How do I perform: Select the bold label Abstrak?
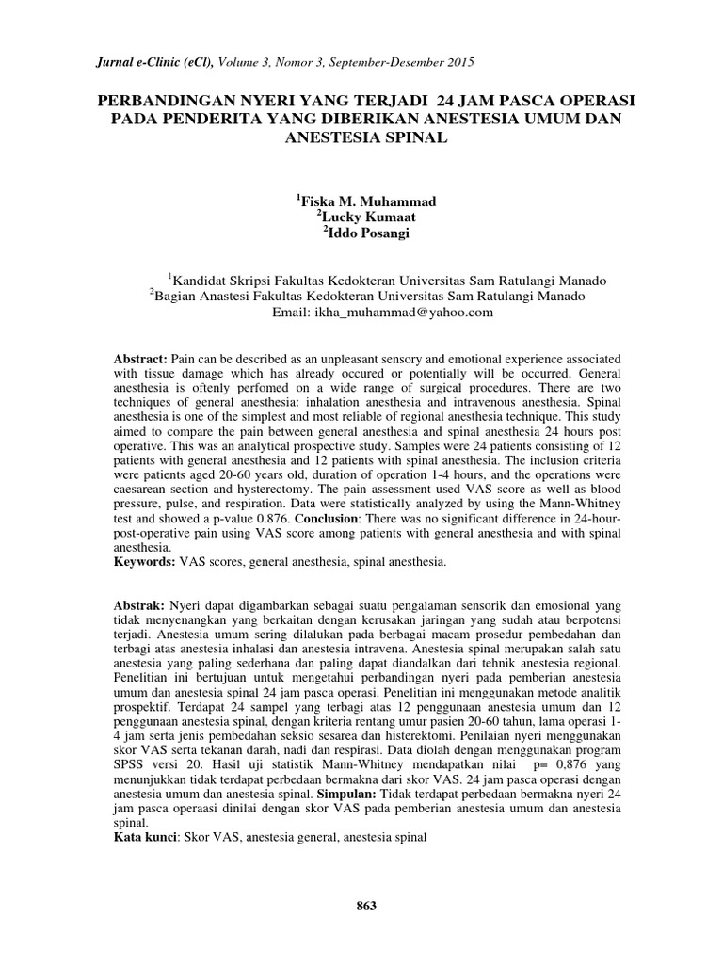[138, 603]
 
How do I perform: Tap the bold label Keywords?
[143, 562]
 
